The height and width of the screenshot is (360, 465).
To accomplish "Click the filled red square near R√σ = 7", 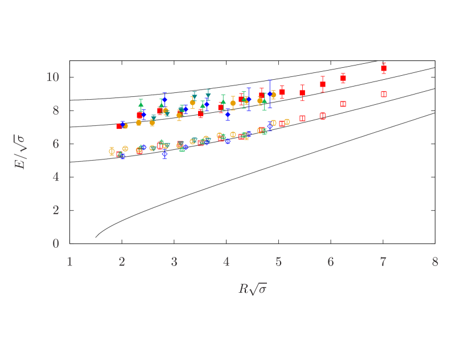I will pyautogui.click(x=384, y=68).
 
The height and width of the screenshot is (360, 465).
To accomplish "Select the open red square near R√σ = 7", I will pyautogui.click(x=384, y=94).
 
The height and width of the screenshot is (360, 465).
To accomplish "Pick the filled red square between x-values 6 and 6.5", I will pyautogui.click(x=343, y=78).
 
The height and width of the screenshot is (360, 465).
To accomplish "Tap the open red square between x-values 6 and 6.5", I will pyautogui.click(x=343, y=104).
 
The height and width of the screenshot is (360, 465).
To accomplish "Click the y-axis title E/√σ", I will pyautogui.click(x=20, y=152).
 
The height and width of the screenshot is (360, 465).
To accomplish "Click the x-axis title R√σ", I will pyautogui.click(x=252, y=289).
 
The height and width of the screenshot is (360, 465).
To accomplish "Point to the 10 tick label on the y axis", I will pyautogui.click(x=52, y=77).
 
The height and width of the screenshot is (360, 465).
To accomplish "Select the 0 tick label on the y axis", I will pyautogui.click(x=56, y=244).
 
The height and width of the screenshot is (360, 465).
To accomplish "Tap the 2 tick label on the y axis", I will pyautogui.click(x=56, y=210).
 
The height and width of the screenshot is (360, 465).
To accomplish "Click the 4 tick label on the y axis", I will pyautogui.click(x=56, y=177).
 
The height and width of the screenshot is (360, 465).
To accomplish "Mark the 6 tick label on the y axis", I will pyautogui.click(x=56, y=144).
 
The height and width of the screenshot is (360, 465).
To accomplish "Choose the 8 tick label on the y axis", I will pyautogui.click(x=56, y=111).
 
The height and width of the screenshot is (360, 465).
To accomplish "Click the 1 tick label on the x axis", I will pyautogui.click(x=69, y=262).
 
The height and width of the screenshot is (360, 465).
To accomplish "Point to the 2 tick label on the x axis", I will pyautogui.click(x=122, y=262).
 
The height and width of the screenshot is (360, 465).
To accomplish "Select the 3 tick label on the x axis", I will pyautogui.click(x=174, y=262).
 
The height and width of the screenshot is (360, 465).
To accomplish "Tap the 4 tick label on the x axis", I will pyautogui.click(x=227, y=262).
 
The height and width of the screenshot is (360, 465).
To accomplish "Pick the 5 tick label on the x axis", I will pyautogui.click(x=279, y=262).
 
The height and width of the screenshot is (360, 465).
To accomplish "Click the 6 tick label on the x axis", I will pyautogui.click(x=331, y=262).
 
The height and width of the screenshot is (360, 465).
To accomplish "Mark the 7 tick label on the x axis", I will pyautogui.click(x=383, y=262).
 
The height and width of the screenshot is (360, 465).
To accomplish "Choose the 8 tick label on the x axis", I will pyautogui.click(x=435, y=262).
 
